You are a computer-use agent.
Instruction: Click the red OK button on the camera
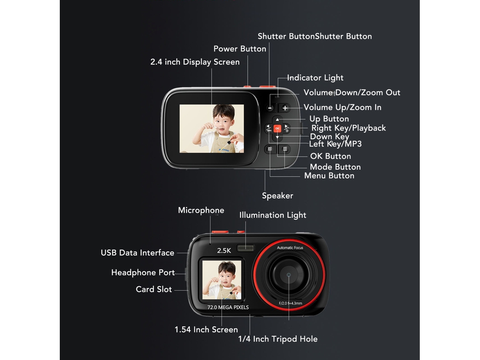pyautogui.click(x=277, y=128)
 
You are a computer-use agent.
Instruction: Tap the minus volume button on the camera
pyautogui.click(x=270, y=108)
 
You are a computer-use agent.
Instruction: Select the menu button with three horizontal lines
pyautogui.click(x=285, y=149)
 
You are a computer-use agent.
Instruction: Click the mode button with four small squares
pyautogui.click(x=270, y=149)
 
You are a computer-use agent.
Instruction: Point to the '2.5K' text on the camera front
pyautogui.click(x=224, y=251)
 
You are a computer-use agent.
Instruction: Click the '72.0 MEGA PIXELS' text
pyautogui.click(x=228, y=307)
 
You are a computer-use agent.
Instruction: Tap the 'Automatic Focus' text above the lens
pyautogui.click(x=290, y=248)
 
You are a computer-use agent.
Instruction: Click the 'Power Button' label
pyautogui.click(x=240, y=49)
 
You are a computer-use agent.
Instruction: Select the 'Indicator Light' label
pyautogui.click(x=315, y=78)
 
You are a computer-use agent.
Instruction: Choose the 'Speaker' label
pyautogui.click(x=277, y=196)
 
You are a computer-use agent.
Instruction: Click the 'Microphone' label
pyautogui.click(x=201, y=210)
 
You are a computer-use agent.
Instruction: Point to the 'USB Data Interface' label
pyautogui.click(x=137, y=253)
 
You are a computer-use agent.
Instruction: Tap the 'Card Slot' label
pyautogui.click(x=154, y=289)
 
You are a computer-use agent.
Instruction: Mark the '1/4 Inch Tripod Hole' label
pyautogui.click(x=277, y=339)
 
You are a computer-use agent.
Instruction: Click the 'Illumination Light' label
pyautogui.click(x=273, y=215)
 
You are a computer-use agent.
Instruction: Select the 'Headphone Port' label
pyautogui.click(x=143, y=272)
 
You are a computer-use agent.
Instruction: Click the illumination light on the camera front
pyautogui.click(x=245, y=248)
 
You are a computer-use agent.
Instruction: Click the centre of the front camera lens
pyautogui.click(x=288, y=275)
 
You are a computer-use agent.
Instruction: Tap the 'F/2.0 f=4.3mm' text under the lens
pyautogui.click(x=290, y=303)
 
